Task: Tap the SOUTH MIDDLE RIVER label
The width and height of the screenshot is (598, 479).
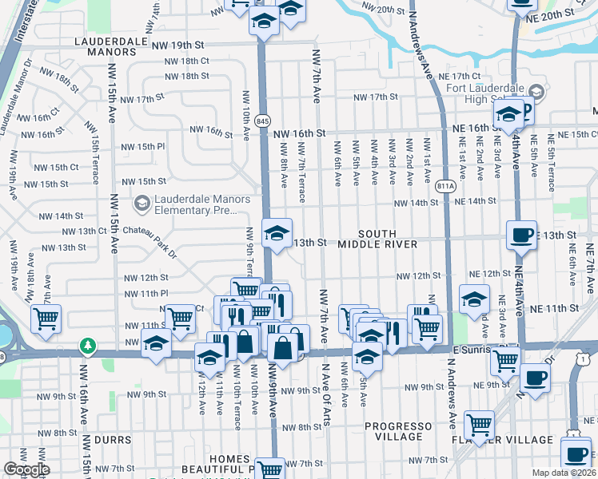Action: [x=377, y=237]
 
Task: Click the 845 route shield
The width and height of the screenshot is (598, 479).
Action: [x=263, y=121]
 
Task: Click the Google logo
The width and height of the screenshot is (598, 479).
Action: [x=26, y=470]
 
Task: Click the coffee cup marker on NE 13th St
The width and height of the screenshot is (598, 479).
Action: [x=521, y=235]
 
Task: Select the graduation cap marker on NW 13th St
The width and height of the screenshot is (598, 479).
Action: [x=277, y=233]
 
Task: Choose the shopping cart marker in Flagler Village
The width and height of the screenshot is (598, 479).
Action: [x=479, y=424]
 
